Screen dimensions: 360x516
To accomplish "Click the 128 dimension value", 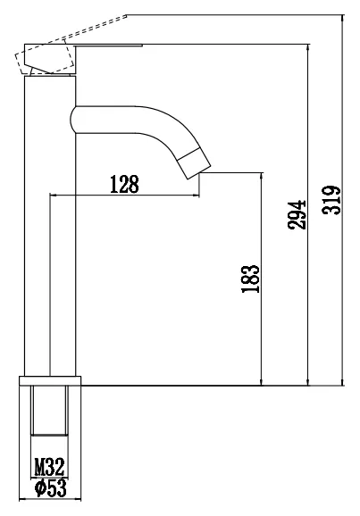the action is pyautogui.click(x=124, y=184).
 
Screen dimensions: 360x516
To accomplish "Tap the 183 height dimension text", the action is pyautogui.click(x=251, y=279).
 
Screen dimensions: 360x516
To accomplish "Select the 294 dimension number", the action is pyautogui.click(x=297, y=214).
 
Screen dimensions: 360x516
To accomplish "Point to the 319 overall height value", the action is pyautogui.click(x=331, y=200).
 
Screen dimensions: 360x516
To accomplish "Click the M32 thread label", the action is pyautogui.click(x=49, y=467).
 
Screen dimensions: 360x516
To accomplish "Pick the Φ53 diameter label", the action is pyautogui.click(x=51, y=488).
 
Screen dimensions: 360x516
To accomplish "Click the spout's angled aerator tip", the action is pyautogui.click(x=195, y=163).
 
